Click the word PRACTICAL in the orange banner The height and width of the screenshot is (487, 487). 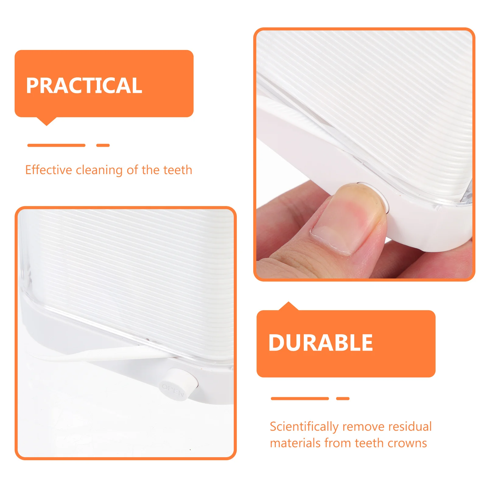pyautogui.click(x=84, y=86)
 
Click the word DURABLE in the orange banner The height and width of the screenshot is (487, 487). pyautogui.click(x=321, y=343)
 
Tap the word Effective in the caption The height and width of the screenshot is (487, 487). pyautogui.click(x=48, y=170)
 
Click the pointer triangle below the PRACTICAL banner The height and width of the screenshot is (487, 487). pyautogui.click(x=47, y=121)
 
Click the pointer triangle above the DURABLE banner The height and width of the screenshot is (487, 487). pyautogui.click(x=289, y=306)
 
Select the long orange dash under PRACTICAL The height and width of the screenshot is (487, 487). pyautogui.click(x=56, y=145)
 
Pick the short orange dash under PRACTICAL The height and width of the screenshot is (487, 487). pyautogui.click(x=103, y=145)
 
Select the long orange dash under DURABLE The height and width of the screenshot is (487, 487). pyautogui.click(x=300, y=398)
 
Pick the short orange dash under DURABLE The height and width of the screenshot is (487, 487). pyautogui.click(x=343, y=398)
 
